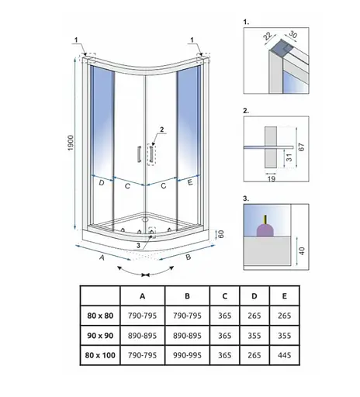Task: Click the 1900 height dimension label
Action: pos(71,143)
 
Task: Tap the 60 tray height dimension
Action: pos(220,234)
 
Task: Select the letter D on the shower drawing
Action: pos(102,183)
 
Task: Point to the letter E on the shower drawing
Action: pos(190,182)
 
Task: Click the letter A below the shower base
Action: pos(102,257)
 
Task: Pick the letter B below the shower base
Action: pos(189,257)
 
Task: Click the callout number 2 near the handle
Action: pos(162,129)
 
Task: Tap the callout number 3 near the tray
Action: pos(138,245)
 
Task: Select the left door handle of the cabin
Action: pos(140,154)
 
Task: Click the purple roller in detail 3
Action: pos(265,230)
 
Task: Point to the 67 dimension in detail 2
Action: pos(301,147)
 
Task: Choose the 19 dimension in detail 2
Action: pos(272,178)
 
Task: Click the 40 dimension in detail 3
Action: pos(302,250)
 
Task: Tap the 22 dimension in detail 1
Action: pos(268,36)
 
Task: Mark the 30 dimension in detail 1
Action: pos(292,34)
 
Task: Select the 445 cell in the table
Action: pos(284,355)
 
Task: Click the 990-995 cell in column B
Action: pos(187,355)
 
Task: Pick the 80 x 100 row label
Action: pos(100,355)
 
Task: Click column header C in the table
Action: pos(224,296)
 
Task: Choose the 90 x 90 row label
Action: pos(100,336)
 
